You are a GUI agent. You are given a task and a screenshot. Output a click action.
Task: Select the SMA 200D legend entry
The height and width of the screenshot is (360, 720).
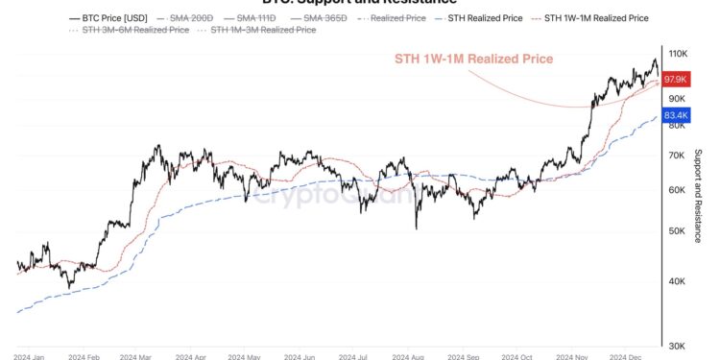tap(190, 17)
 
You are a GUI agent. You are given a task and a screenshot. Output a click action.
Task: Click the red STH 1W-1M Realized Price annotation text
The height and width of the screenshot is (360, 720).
tap(474, 59)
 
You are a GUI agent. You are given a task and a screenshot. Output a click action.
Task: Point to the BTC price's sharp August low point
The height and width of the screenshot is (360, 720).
tap(417, 228)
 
